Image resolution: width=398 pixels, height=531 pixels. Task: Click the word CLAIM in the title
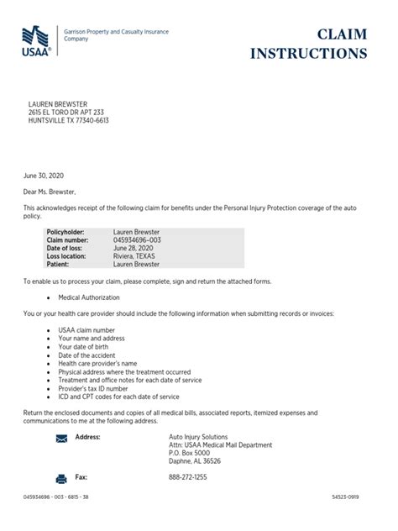343,34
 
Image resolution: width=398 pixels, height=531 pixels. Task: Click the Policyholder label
66,231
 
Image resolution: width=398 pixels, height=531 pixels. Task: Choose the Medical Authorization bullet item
89,297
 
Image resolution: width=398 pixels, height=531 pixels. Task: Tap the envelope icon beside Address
61,439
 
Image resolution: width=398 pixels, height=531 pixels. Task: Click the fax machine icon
61,478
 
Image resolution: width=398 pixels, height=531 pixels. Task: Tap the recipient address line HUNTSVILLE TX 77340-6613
70,120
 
